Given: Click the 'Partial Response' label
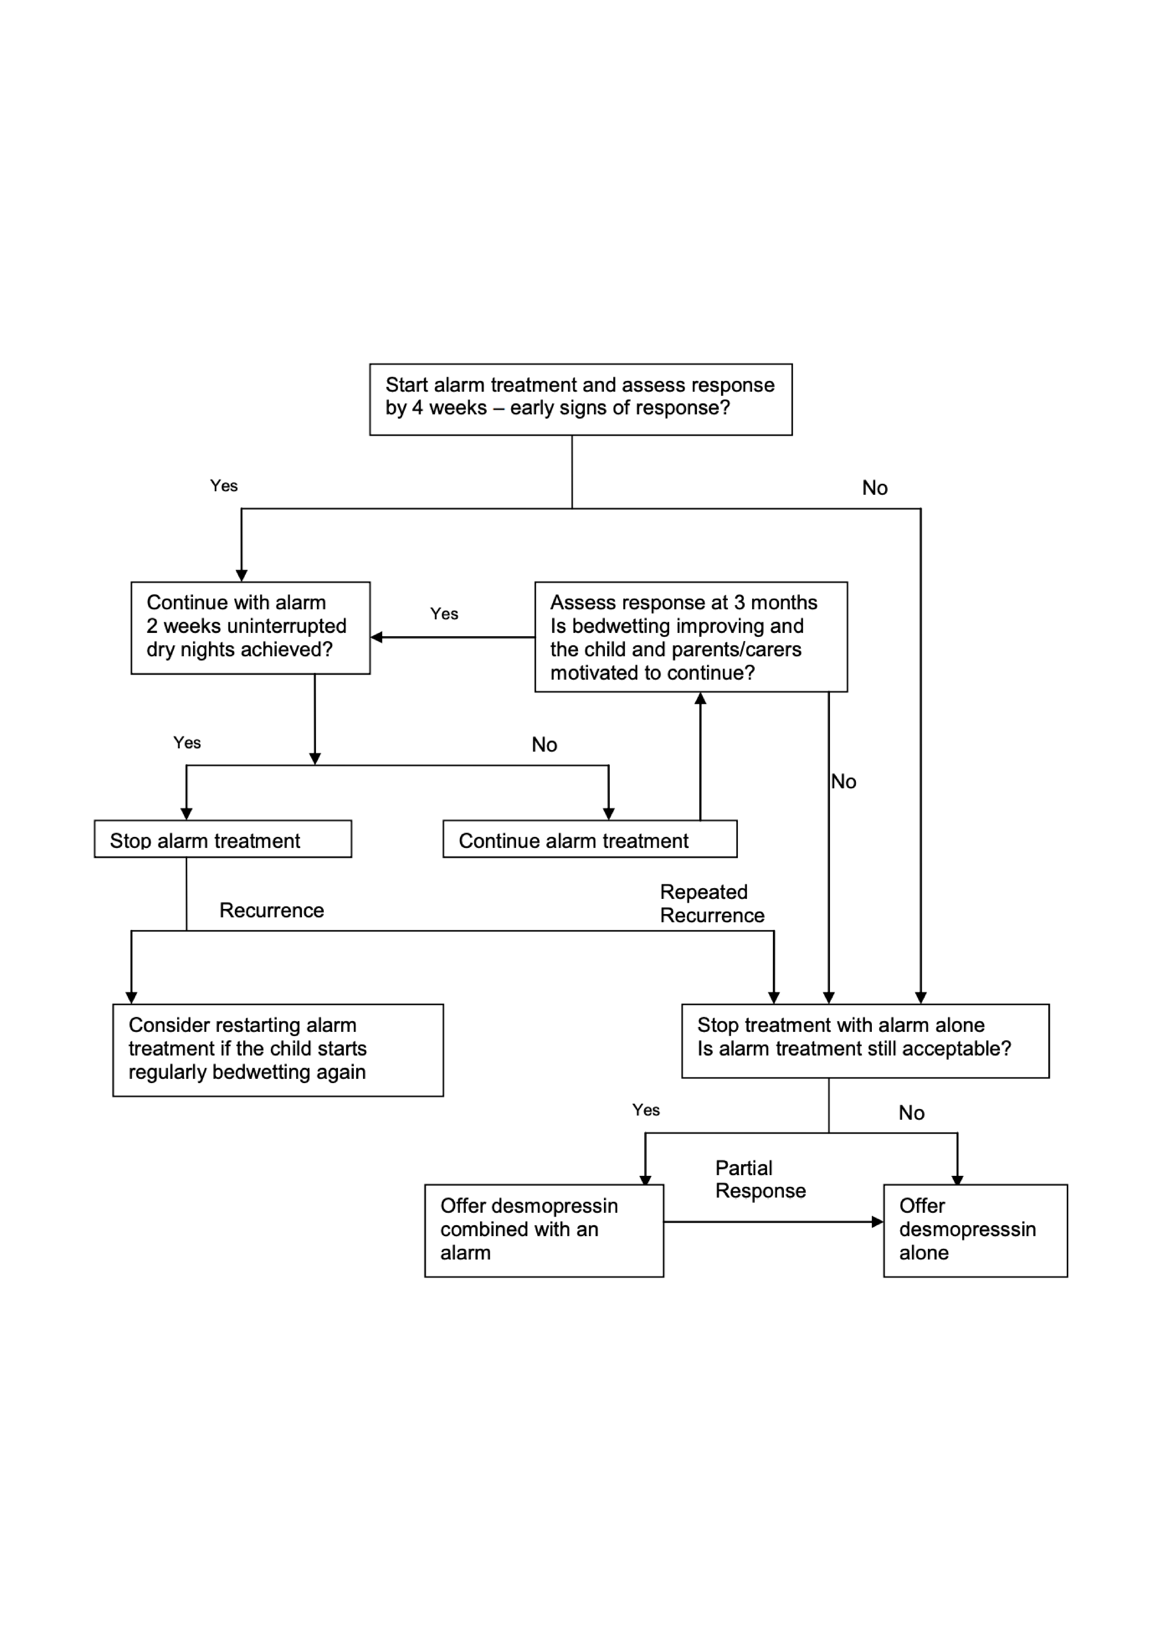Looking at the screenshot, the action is (761, 1179).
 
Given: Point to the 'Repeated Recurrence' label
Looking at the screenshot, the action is (712, 904).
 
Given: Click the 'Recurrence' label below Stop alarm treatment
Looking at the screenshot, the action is (271, 910).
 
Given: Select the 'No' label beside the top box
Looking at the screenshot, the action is (875, 488).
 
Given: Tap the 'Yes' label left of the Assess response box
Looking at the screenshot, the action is (444, 614).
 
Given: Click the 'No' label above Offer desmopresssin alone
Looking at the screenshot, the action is (912, 1113).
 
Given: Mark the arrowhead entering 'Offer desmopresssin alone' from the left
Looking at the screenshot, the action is (878, 1222).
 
